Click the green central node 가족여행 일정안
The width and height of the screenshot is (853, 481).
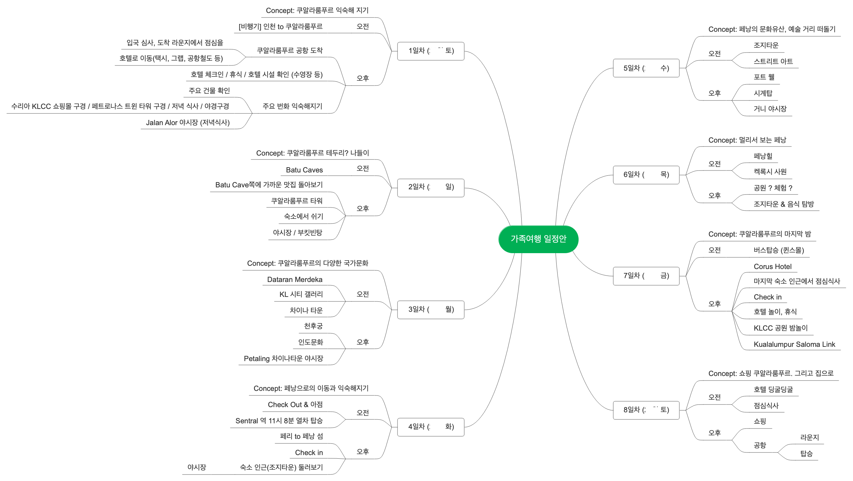pos(538,239)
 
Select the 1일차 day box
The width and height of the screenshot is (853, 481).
pos(431,51)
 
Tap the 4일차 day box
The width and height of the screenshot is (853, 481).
pos(431,427)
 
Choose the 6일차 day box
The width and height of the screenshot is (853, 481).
pos(646,175)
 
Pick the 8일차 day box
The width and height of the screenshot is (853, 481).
pos(646,410)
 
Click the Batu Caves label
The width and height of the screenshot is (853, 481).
pos(304,170)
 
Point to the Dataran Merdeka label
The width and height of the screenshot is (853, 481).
pos(294,279)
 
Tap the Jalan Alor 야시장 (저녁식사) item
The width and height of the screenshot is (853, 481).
pos(188,123)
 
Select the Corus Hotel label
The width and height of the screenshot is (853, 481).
pos(772,266)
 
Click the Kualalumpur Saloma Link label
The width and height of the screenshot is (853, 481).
pos(794,344)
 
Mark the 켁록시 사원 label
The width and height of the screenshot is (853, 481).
pos(769,171)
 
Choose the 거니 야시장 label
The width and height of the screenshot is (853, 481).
pos(769,109)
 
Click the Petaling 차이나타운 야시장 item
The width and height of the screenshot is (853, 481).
pos(283,358)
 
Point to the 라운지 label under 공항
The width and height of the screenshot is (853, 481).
pos(809,437)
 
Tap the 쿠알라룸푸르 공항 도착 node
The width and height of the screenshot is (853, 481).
pos(289,50)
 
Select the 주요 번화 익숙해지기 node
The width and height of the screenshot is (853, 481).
pos(292,106)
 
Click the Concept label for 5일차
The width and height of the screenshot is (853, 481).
pos(772,29)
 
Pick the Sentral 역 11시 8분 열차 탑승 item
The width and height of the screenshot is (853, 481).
pos(279,421)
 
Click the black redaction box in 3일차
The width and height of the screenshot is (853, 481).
pos(436,310)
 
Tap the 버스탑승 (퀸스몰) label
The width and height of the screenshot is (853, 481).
pos(778,250)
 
